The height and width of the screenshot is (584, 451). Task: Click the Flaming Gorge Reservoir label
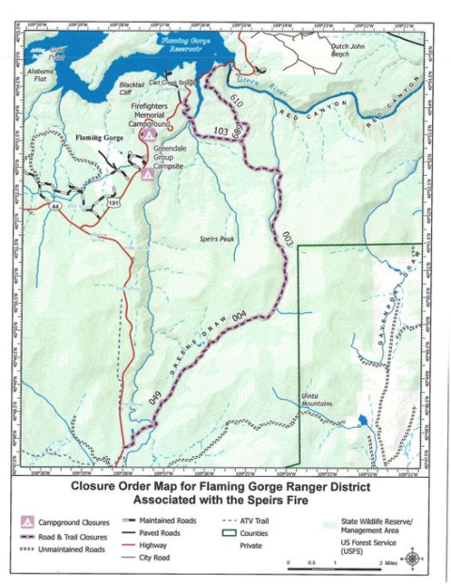pyautogui.click(x=185, y=44)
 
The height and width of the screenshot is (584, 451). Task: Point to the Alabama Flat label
pyautogui.click(x=42, y=75)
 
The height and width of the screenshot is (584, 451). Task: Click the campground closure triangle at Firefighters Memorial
pyautogui.click(x=148, y=135)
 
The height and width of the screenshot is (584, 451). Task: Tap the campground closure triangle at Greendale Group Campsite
pyautogui.click(x=148, y=173)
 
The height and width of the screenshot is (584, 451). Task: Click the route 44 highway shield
pyautogui.click(x=56, y=204)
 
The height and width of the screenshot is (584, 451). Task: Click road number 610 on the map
pyautogui.click(x=236, y=102)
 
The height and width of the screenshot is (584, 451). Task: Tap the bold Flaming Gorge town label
pyautogui.click(x=100, y=138)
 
